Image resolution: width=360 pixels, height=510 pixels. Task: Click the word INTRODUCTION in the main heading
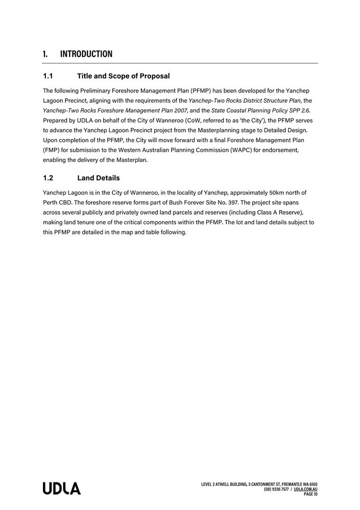click(86, 54)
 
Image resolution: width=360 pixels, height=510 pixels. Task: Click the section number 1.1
click(48, 76)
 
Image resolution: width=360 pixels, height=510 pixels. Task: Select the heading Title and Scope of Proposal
click(123, 76)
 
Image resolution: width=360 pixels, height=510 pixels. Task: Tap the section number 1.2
click(48, 178)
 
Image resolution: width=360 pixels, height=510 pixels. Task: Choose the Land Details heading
click(98, 178)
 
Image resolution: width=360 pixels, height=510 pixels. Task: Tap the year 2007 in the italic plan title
click(180, 110)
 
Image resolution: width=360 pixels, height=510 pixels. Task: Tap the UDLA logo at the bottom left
click(61, 489)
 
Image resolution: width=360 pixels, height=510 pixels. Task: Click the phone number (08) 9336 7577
click(276, 490)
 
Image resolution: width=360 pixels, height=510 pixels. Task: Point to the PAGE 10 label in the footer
click(310, 494)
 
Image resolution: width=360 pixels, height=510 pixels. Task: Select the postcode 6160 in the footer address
click(313, 484)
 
